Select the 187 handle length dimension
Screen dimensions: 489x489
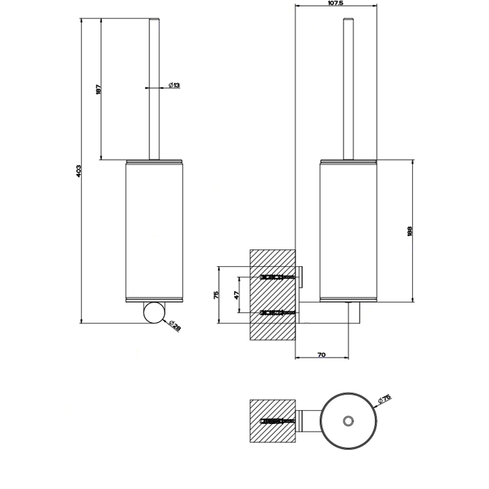click(x=98, y=89)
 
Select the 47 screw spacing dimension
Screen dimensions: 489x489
click(x=236, y=295)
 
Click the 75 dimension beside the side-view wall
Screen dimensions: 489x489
click(x=217, y=294)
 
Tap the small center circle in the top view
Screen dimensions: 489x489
click(x=347, y=421)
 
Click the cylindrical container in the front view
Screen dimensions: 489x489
click(x=154, y=231)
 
